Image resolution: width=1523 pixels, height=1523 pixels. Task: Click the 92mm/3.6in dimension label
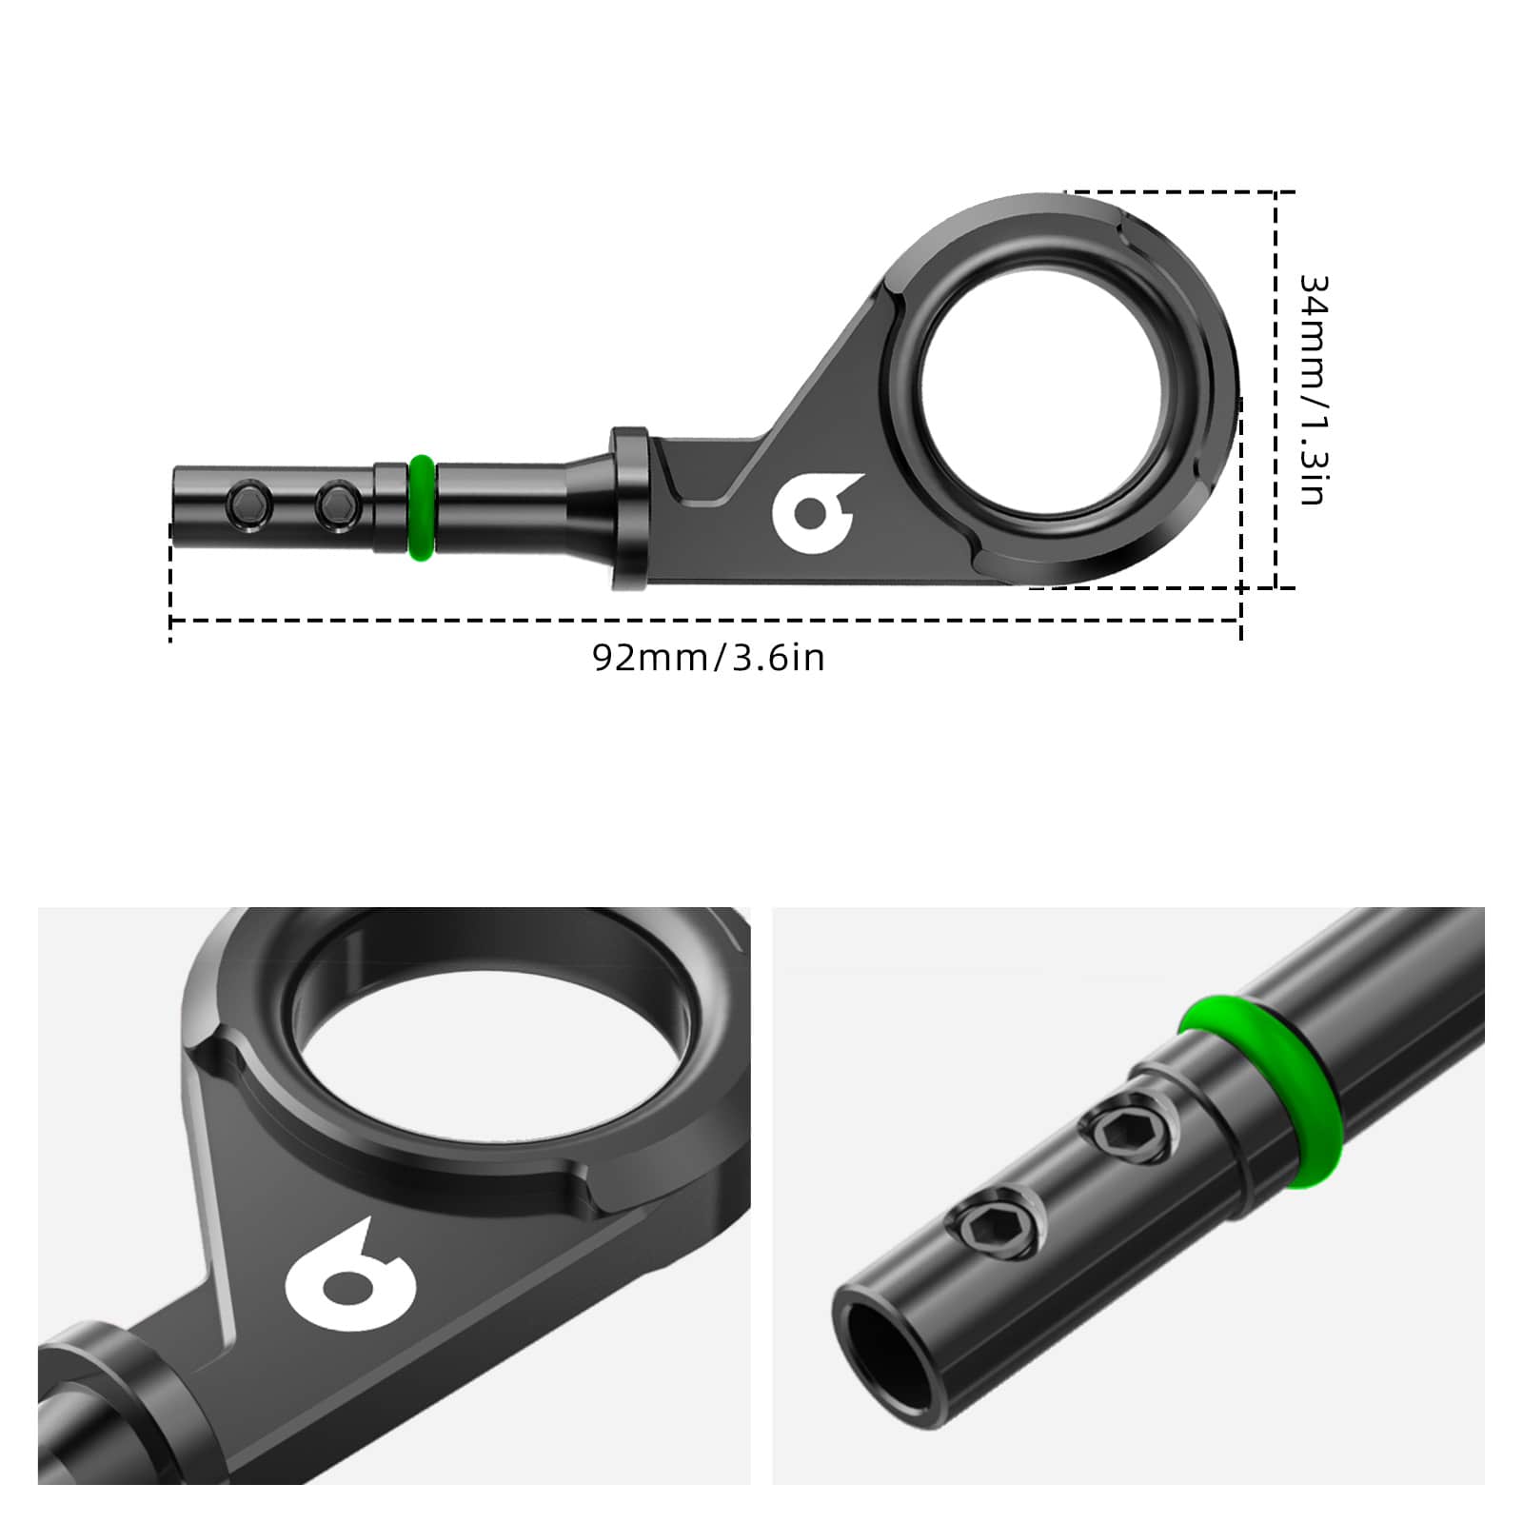click(x=708, y=658)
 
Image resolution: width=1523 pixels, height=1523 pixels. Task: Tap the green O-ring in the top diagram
click(x=422, y=507)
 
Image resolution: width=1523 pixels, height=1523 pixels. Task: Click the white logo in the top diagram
click(x=815, y=512)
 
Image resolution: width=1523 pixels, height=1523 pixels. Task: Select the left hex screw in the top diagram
click(x=247, y=504)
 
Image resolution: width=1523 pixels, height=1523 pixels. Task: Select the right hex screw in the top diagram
click(x=337, y=504)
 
